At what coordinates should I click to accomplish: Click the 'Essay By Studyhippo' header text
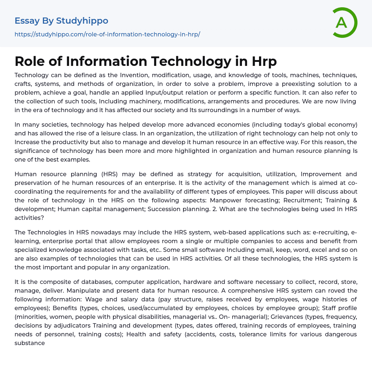(61, 21)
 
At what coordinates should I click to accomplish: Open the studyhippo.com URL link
(107, 34)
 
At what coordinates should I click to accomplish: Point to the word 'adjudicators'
(70, 325)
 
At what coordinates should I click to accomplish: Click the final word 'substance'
(30, 343)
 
